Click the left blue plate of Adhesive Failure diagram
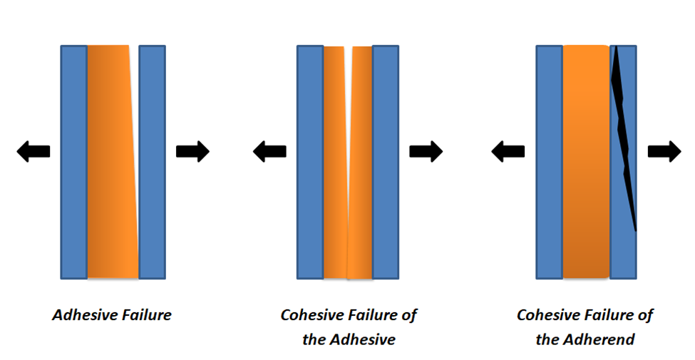pyautogui.click(x=73, y=163)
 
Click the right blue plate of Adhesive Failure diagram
pyautogui.click(x=152, y=163)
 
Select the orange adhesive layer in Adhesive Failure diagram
pyautogui.click(x=113, y=162)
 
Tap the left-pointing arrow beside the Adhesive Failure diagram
pyautogui.click(x=34, y=151)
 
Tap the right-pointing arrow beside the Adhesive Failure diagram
pyautogui.click(x=192, y=151)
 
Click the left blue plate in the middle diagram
pyautogui.click(x=310, y=163)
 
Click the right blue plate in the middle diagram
pyautogui.click(x=385, y=163)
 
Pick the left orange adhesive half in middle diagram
pyautogui.click(x=335, y=163)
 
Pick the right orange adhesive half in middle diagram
pyautogui.click(x=360, y=163)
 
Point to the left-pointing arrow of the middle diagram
pyautogui.click(x=269, y=151)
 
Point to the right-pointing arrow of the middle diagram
pyautogui.click(x=426, y=151)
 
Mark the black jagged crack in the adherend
pyautogui.click(x=624, y=138)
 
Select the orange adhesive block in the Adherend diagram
pyautogui.click(x=587, y=162)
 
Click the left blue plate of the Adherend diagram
pyautogui.click(x=549, y=163)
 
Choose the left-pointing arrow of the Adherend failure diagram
pyautogui.click(x=508, y=151)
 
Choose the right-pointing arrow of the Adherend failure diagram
pyautogui.click(x=664, y=151)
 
